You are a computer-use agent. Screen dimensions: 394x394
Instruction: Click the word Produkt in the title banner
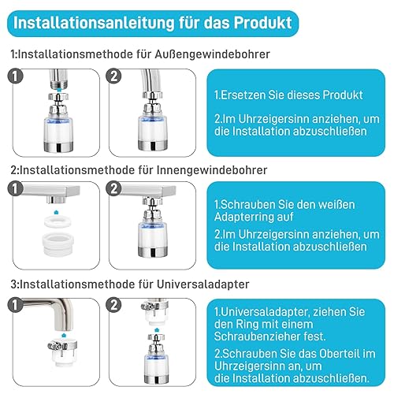tap(262, 23)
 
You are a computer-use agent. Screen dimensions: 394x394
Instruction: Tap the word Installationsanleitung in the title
tap(94, 23)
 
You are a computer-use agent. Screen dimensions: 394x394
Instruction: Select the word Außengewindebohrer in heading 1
tap(212, 54)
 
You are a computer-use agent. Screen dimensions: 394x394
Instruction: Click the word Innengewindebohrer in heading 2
tap(212, 170)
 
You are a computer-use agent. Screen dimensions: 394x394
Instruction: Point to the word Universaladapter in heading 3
tap(203, 284)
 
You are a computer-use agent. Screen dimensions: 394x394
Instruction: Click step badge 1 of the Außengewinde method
tap(15, 76)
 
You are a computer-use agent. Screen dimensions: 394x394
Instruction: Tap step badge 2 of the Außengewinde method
tap(113, 76)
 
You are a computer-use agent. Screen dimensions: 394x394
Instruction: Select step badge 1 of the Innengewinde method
tap(15, 188)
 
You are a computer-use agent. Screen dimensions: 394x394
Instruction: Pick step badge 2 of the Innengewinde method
tap(113, 188)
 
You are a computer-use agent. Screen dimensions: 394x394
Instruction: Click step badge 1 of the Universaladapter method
tap(15, 305)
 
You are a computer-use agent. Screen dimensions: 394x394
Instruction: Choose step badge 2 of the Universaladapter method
tap(113, 305)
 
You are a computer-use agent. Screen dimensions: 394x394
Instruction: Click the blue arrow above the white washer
tap(56, 212)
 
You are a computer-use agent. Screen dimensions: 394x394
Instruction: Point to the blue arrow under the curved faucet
tap(64, 336)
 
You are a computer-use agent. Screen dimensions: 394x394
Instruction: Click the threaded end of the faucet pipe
tap(59, 84)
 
